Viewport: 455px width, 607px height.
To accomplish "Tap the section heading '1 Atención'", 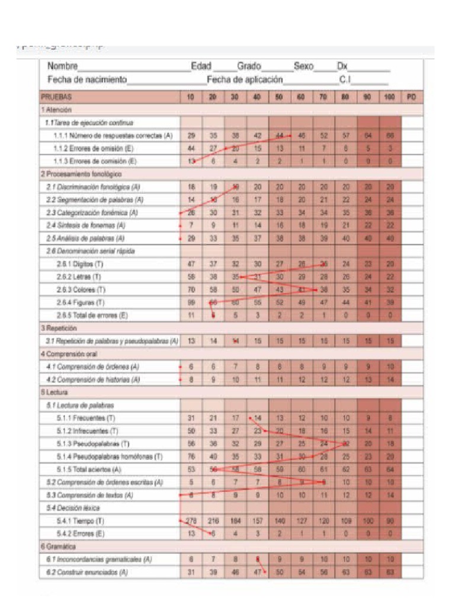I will [56, 110].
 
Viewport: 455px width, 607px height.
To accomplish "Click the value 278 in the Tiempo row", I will [191, 520].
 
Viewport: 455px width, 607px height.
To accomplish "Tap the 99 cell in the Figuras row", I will [191, 302].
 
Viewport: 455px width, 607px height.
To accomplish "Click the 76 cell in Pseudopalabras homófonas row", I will [191, 456].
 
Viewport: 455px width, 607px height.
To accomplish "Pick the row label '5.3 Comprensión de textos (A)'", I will [89, 494].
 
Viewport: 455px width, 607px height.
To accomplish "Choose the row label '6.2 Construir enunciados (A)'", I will [87, 572].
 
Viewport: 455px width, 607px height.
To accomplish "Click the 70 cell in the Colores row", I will [191, 290].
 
